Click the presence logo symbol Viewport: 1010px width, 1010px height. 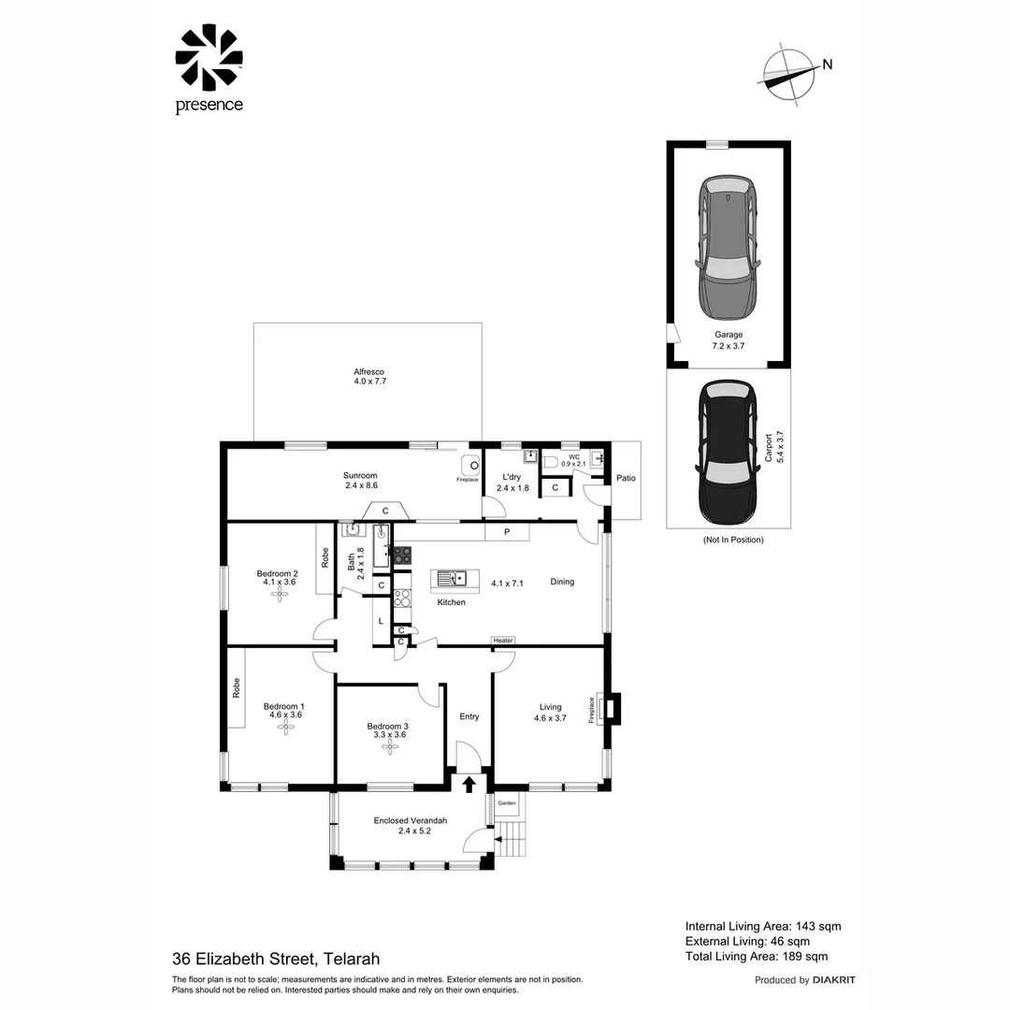pos(209,57)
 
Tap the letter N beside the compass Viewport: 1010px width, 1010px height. pos(828,65)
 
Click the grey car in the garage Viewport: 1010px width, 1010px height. pos(728,248)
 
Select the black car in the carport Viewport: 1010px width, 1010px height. pos(728,453)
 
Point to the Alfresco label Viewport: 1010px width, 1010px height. pos(369,371)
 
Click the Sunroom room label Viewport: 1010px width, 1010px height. pos(360,476)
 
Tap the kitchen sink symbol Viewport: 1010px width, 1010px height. pos(454,579)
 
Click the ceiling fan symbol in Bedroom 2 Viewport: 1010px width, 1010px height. pos(279,594)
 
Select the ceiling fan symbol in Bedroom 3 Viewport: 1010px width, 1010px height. pos(389,746)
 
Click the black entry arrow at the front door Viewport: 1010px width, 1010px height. pos(469,784)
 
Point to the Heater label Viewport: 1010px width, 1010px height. pos(503,641)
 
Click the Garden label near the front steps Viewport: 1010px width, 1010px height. pos(507,803)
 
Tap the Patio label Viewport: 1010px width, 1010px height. pos(626,478)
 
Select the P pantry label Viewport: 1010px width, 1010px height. pos(507,532)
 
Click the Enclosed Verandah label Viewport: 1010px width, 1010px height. pos(411,821)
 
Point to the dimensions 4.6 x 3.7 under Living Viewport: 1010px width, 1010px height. pos(550,718)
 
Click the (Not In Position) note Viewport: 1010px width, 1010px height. pos(733,540)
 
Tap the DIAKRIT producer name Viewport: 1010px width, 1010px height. pos(834,980)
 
